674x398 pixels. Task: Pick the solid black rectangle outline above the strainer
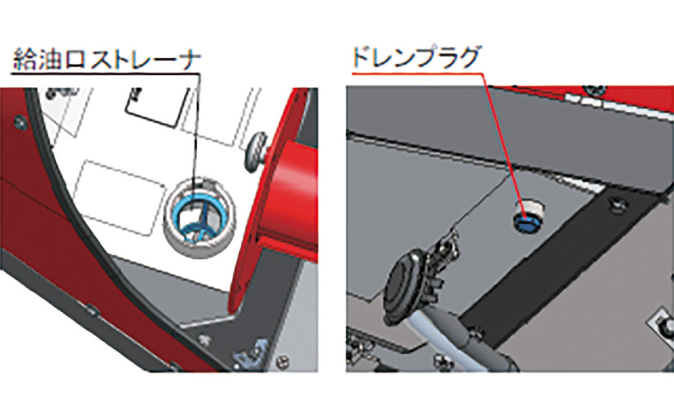157,106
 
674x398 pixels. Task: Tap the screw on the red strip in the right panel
595,90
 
